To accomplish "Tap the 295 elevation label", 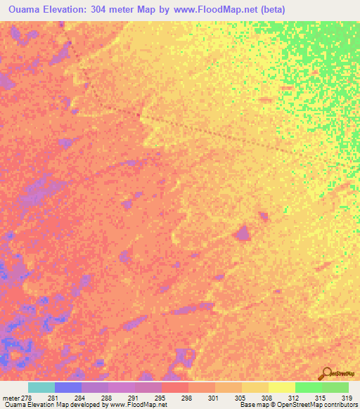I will tap(160, 398).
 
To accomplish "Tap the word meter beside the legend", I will tap(11, 398).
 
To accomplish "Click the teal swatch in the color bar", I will tap(41, 388).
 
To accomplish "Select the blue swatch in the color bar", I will tap(68, 388).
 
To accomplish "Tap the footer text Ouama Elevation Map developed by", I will tap(53, 405).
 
